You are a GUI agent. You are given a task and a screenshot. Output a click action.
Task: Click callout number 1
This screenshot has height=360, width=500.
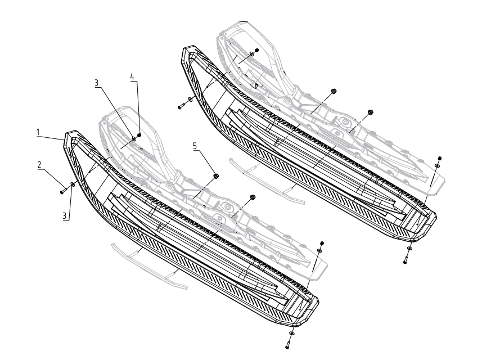(x=38, y=132)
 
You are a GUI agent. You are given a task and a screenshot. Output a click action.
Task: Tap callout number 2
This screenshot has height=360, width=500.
(x=39, y=165)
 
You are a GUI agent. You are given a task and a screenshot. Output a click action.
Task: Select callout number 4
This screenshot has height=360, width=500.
(x=133, y=76)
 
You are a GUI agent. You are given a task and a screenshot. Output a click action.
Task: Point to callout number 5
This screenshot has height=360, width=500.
(x=195, y=146)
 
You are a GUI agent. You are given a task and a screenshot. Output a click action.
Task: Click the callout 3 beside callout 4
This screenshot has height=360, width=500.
(x=96, y=83)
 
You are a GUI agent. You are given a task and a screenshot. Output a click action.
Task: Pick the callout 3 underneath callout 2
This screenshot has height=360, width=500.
(x=65, y=215)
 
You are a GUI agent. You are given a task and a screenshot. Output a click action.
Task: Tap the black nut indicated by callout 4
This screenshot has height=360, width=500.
(x=139, y=135)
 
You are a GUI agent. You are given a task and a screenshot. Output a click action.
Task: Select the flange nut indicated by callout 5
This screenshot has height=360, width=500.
(x=215, y=175)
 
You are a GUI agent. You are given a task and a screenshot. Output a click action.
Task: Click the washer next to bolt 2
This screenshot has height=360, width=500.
(x=73, y=184)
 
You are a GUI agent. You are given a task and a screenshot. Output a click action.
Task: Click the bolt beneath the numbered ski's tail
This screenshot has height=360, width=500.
(x=288, y=344)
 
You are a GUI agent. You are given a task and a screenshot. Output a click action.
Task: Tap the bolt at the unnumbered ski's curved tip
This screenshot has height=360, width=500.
(x=181, y=106)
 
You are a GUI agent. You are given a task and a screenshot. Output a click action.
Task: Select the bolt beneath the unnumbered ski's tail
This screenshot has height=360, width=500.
(x=406, y=260)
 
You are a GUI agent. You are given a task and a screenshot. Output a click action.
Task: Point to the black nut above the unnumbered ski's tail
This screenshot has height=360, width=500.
(x=439, y=158)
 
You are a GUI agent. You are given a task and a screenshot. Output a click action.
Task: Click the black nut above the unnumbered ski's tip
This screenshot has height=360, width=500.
(x=256, y=50)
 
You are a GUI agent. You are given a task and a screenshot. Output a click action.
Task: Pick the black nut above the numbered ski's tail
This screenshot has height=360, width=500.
(x=322, y=244)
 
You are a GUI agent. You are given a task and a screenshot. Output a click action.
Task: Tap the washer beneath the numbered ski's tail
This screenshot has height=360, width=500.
(x=292, y=334)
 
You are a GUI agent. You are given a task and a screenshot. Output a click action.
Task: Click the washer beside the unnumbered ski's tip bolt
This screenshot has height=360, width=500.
(x=190, y=99)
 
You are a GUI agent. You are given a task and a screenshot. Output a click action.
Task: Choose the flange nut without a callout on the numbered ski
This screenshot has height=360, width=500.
(x=253, y=197)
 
